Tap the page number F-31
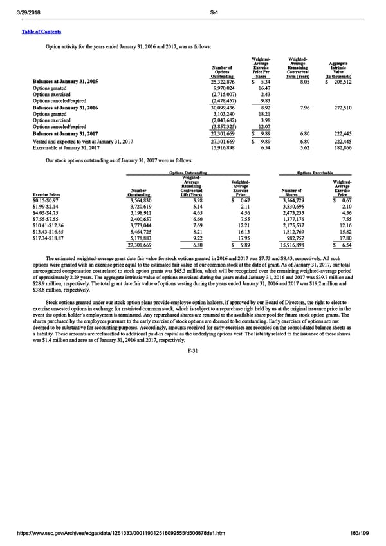click(x=193, y=350)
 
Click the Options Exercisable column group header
click(x=316, y=173)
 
